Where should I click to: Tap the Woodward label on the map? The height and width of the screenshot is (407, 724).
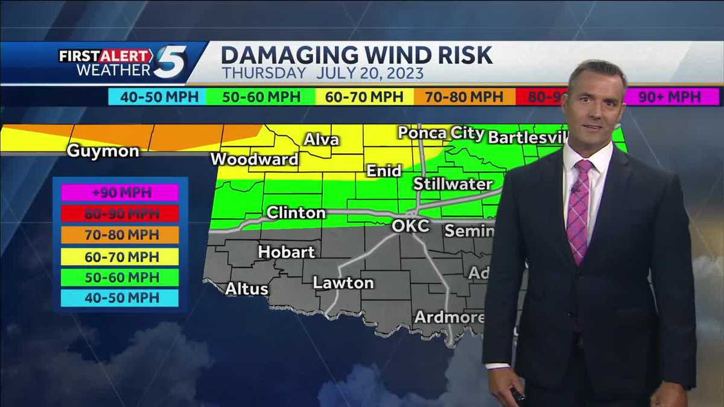254,159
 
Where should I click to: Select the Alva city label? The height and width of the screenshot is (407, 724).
321,140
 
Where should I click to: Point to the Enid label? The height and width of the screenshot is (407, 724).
384,171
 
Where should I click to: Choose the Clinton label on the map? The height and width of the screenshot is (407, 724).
296,213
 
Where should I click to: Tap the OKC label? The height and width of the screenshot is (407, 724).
411,226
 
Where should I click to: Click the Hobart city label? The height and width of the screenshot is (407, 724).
287,252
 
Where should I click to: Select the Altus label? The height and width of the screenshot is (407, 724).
247,289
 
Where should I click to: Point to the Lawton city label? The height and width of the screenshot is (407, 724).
343,282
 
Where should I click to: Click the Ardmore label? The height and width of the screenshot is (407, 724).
449,317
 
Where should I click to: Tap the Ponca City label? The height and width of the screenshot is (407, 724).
440,133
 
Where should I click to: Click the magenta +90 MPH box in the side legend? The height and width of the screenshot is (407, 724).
119,192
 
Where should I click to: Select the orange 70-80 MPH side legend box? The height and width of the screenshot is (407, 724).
119,235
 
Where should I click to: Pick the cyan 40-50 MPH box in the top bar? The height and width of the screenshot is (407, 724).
156,97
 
